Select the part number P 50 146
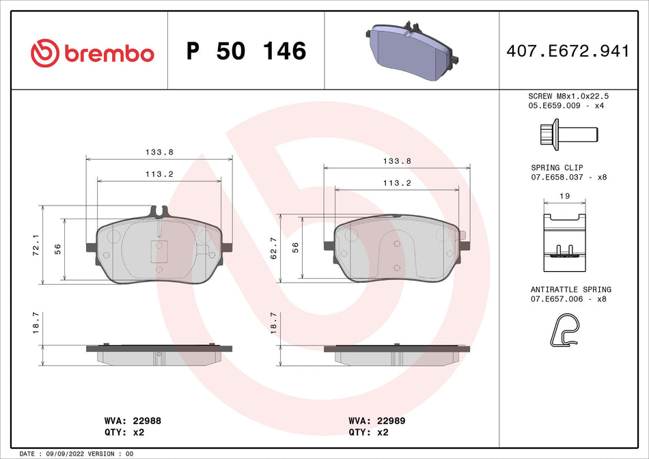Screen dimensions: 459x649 [246, 51]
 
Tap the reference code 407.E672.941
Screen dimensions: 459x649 [567, 51]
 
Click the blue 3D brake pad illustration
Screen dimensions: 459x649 [408, 51]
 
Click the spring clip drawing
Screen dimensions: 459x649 [564, 236]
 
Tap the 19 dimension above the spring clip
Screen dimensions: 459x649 [564, 195]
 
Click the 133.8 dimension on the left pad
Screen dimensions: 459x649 [159, 152]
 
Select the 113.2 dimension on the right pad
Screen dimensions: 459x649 [396, 182]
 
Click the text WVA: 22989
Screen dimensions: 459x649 [377, 421]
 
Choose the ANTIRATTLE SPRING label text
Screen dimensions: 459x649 [570, 290]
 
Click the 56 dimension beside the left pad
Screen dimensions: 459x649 [58, 248]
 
